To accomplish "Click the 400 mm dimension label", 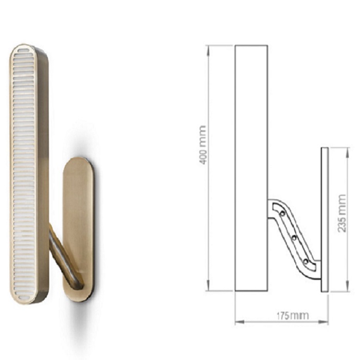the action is pos(202,145).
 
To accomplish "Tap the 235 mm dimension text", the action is pos(341,213).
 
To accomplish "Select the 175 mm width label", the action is pos(292,316).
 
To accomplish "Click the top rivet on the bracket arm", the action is pos(283,213).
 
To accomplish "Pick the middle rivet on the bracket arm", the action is pos(294,238).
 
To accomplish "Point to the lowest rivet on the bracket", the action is pos(305,261).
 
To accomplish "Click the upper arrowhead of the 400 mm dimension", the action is pos(208,51).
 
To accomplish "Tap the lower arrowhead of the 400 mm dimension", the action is pos(208,285).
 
